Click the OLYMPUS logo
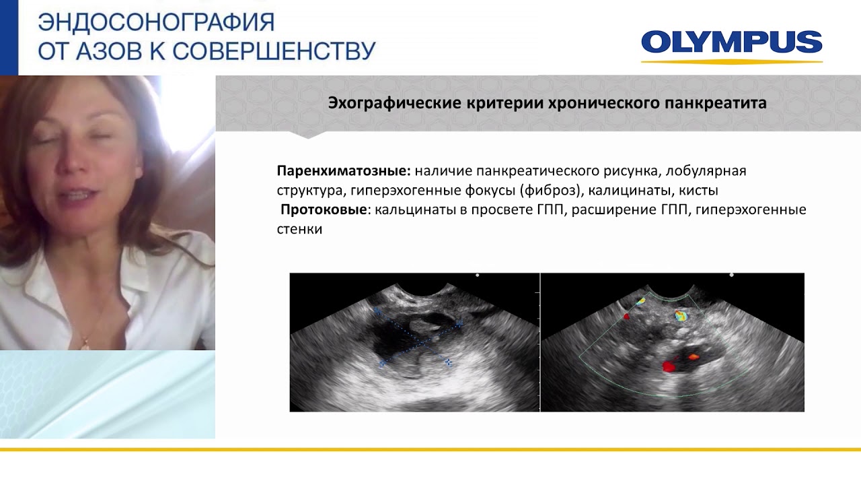tap(731, 43)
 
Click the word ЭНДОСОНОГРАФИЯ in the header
tap(156, 22)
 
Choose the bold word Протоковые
tap(324, 209)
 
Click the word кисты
tap(699, 191)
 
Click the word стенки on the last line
tap(299, 229)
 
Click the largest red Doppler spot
tap(669, 366)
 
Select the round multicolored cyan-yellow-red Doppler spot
tap(681, 315)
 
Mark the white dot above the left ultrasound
tap(478, 275)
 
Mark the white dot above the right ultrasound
tap(732, 275)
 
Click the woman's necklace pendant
tap(85, 344)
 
